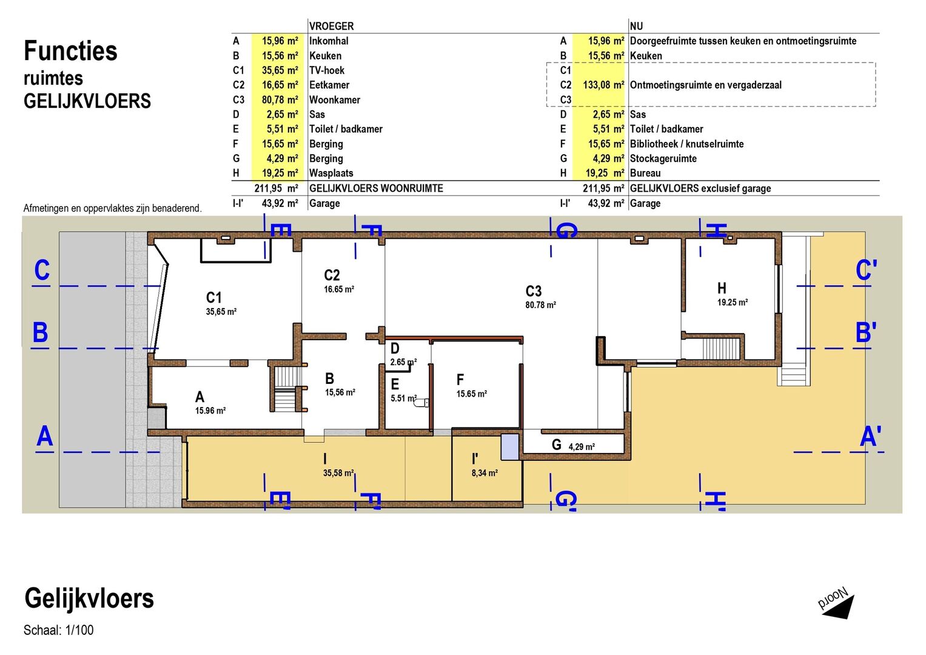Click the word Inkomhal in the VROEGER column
(329, 41)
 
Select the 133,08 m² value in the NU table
(603, 85)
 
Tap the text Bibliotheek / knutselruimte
(686, 144)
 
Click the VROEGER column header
(332, 26)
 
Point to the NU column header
(636, 26)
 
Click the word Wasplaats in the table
(331, 173)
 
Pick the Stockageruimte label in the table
(663, 158)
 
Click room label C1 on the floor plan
(213, 297)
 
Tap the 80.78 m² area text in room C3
(540, 305)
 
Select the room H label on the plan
(722, 288)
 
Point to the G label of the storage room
(557, 445)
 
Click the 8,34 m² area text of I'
(485, 473)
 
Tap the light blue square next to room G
(510, 447)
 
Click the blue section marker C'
(866, 270)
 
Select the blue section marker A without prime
(45, 436)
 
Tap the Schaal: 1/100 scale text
(58, 630)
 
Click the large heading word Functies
(70, 51)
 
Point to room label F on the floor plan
(460, 379)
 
